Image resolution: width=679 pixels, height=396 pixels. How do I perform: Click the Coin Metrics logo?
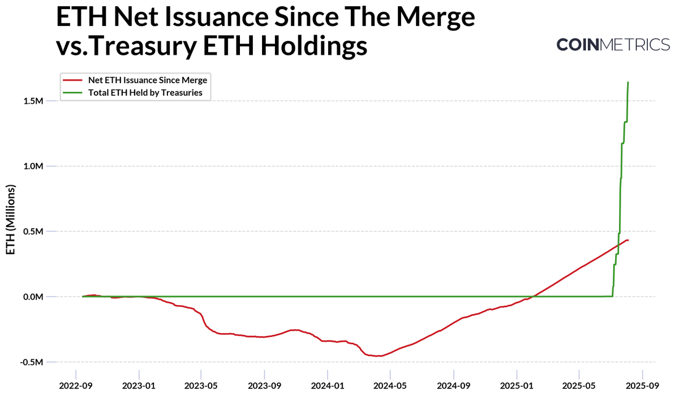[613, 45]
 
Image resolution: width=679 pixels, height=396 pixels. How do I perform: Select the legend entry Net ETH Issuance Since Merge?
[147, 80]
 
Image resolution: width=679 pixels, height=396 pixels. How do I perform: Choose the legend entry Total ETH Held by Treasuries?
[145, 92]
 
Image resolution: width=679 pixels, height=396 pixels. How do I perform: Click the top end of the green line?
[628, 83]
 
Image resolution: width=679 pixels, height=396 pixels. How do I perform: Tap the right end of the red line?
[628, 240]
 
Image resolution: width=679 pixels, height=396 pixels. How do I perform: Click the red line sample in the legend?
[74, 80]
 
